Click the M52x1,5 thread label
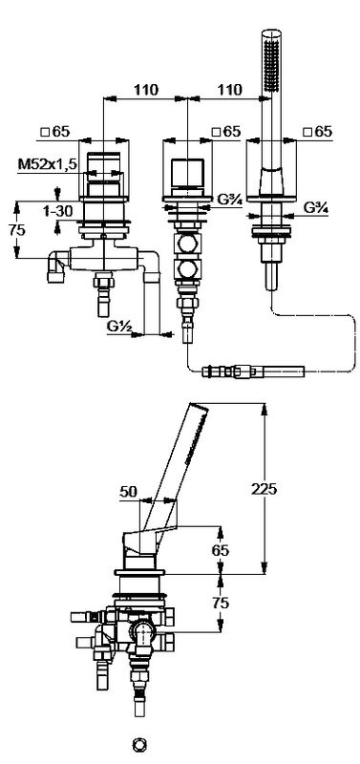pos(48,164)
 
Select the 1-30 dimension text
pos(57,210)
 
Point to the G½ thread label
pos(118,326)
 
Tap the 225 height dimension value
pos(264,489)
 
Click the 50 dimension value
pos(130,492)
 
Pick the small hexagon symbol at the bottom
pos(139,745)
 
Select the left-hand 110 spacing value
pos(146,90)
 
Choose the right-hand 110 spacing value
pos(229,90)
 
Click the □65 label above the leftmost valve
pos(55,131)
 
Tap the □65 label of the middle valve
pos(226,131)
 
